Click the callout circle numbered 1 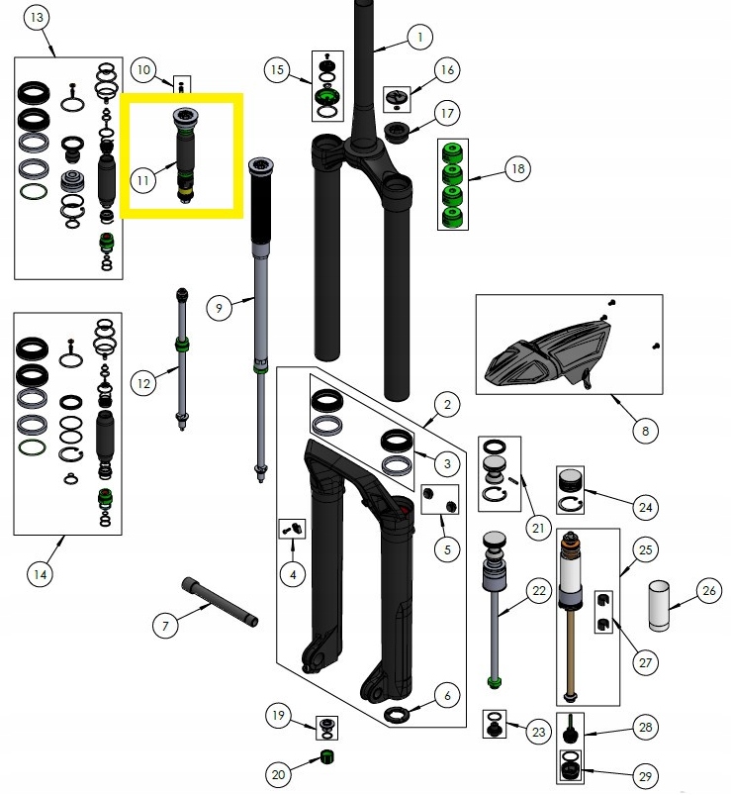click(418, 38)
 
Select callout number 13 click(37, 19)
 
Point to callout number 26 click(708, 592)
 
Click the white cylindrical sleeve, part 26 click(662, 606)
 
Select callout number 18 click(516, 168)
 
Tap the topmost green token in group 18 click(453, 152)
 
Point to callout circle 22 click(537, 592)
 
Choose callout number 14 click(41, 573)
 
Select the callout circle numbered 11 click(143, 180)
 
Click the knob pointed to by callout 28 click(573, 736)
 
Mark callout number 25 click(645, 548)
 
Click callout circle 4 click(292, 573)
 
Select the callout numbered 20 click(278, 773)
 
